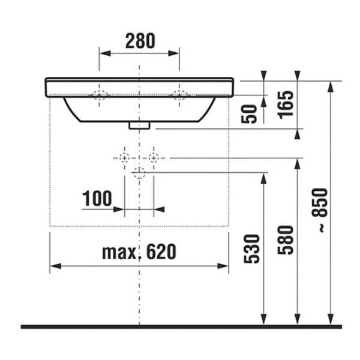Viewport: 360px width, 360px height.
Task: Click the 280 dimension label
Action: (x=140, y=41)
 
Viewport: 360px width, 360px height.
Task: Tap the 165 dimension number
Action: (x=286, y=105)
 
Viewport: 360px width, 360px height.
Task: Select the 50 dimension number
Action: (x=249, y=114)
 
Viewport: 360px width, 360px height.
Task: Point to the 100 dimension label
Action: (x=97, y=198)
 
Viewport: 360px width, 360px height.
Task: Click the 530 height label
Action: (x=252, y=248)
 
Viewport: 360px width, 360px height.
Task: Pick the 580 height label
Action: (x=286, y=240)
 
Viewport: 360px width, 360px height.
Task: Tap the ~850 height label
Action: (x=320, y=210)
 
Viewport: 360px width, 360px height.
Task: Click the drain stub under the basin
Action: (x=139, y=125)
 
